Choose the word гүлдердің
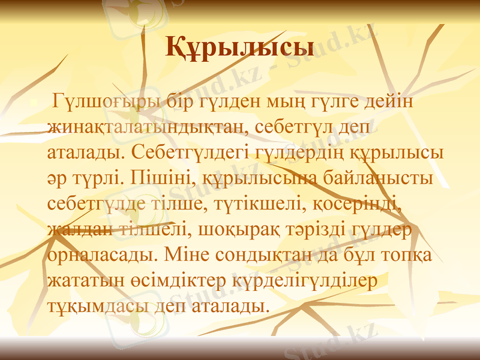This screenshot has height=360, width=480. (x=298, y=152)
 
